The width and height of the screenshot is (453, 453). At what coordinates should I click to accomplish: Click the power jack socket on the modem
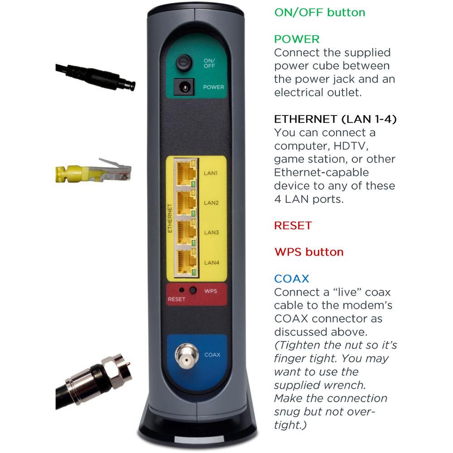point(184,87)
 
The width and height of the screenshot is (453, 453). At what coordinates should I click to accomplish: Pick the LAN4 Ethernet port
point(186,262)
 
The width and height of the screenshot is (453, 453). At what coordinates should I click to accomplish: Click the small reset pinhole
point(182,290)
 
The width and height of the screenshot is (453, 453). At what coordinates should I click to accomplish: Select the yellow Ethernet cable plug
point(93,171)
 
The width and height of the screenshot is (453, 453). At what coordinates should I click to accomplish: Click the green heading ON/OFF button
point(319,12)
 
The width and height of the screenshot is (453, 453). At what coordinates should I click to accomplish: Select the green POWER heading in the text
point(297,39)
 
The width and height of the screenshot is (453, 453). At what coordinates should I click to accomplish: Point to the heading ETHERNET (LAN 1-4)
point(335,119)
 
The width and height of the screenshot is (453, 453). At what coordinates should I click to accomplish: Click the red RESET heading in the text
point(293,225)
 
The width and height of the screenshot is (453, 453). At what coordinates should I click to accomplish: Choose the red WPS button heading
point(309,252)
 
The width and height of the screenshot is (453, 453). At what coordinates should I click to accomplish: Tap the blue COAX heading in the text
point(291,279)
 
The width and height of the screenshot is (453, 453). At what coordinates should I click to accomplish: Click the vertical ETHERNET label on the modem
point(170,218)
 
